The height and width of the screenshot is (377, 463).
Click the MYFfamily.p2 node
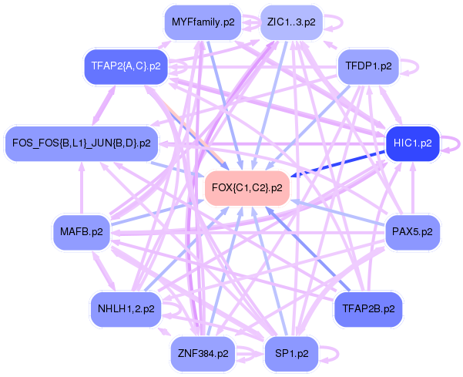point(203,22)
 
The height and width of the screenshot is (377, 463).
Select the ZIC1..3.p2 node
point(291,22)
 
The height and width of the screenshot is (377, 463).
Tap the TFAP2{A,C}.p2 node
point(126,66)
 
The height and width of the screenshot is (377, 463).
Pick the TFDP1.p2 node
point(368,66)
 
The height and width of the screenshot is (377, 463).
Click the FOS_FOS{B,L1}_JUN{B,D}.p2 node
point(82,143)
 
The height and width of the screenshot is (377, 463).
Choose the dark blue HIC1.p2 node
point(412,143)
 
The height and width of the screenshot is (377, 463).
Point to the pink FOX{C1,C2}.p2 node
point(247,187)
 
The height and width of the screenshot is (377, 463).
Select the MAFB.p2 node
point(81,230)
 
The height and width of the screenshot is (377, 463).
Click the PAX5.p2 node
point(412,230)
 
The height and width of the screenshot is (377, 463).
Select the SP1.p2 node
point(291,354)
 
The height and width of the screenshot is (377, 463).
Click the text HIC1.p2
point(412,143)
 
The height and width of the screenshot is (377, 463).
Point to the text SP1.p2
point(291,354)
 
